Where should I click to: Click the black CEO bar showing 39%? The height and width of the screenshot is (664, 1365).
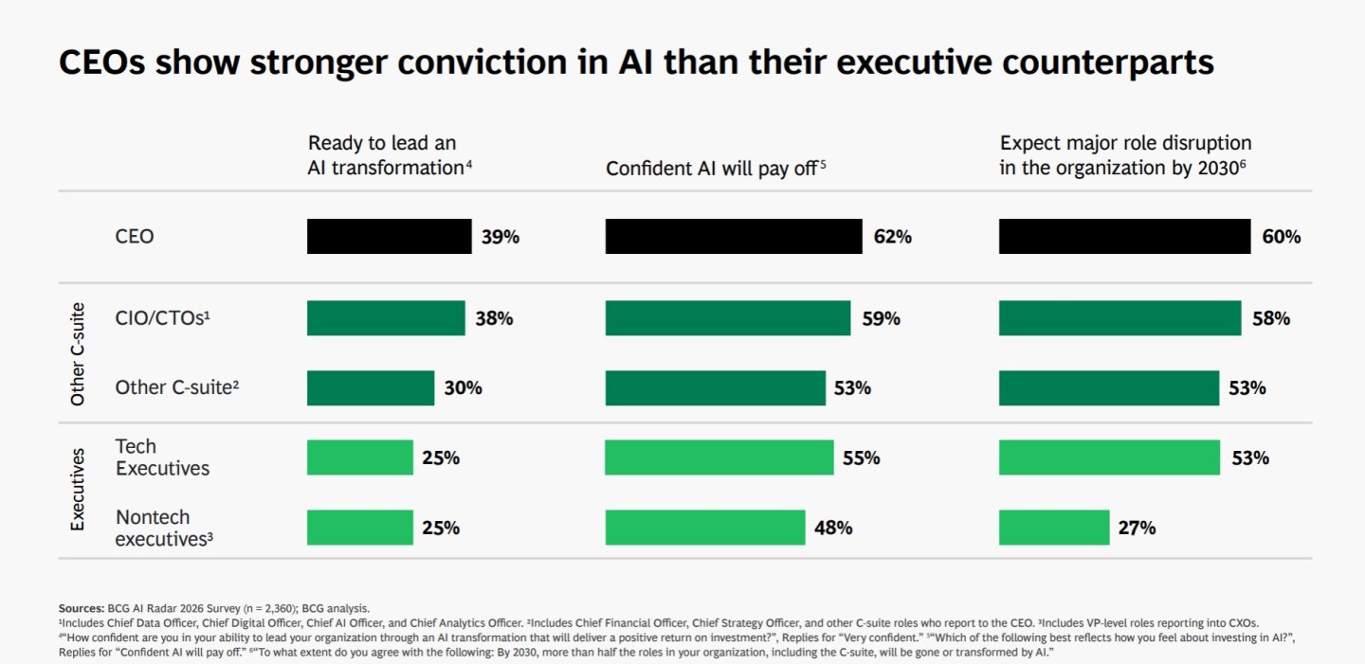click(x=389, y=237)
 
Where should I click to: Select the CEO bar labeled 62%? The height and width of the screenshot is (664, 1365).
click(x=734, y=237)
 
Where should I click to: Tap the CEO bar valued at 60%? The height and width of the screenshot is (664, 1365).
click(x=1124, y=237)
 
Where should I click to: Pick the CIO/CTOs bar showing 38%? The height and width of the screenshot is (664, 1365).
click(x=386, y=318)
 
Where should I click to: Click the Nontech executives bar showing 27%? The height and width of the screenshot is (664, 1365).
click(x=1053, y=528)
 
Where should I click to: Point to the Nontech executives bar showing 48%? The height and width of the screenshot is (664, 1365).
click(x=704, y=528)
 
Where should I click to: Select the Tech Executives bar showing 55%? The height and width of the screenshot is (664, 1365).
click(x=719, y=458)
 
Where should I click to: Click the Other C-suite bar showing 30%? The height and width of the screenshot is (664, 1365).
click(x=371, y=387)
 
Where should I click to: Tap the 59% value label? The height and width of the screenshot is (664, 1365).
click(x=881, y=319)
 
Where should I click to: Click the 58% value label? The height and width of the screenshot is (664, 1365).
click(x=1270, y=319)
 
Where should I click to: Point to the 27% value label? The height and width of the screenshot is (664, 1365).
click(x=1137, y=529)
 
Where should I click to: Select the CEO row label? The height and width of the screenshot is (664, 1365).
click(x=135, y=237)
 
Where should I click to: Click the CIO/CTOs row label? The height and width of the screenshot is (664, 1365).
click(x=162, y=319)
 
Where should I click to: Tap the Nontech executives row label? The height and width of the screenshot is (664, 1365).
click(x=163, y=528)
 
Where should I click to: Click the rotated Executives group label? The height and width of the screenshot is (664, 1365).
click(x=78, y=490)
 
